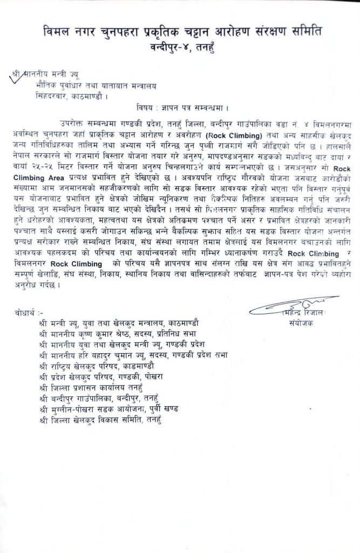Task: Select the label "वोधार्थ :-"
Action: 33,313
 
